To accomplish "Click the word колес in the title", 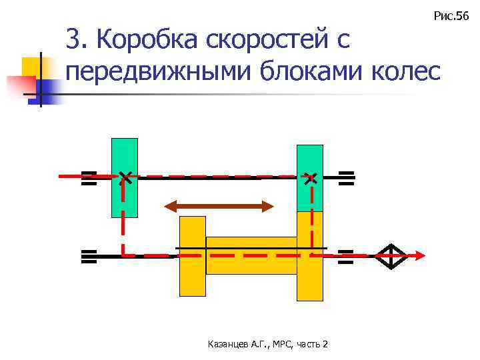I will coord(407,70).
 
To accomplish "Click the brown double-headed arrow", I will coord(219,206).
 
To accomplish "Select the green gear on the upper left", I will coord(125,160).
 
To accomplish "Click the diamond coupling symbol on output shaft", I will coord(391,255).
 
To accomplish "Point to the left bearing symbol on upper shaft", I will coord(89,178).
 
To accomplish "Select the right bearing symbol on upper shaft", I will coord(345,177).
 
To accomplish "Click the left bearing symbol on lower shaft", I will coord(89,256).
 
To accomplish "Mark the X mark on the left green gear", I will coord(124,177).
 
